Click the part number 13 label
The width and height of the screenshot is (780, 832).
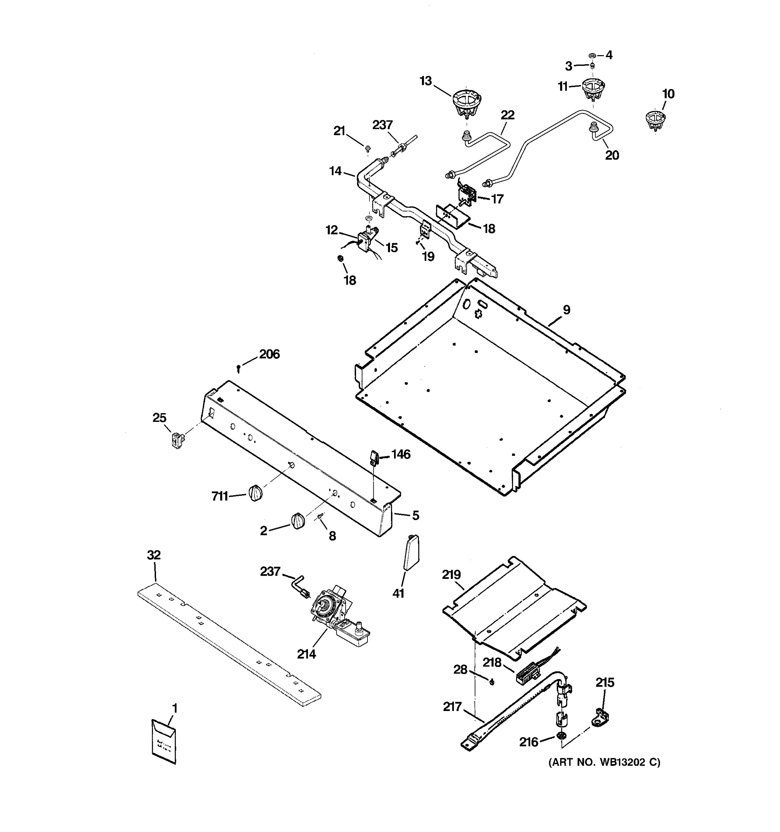pyautogui.click(x=426, y=81)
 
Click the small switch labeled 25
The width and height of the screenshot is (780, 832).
pyautogui.click(x=178, y=440)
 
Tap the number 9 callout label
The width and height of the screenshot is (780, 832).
pyautogui.click(x=566, y=310)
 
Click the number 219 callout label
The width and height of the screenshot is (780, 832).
pyautogui.click(x=451, y=575)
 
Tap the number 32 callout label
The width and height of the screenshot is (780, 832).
pyautogui.click(x=154, y=555)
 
